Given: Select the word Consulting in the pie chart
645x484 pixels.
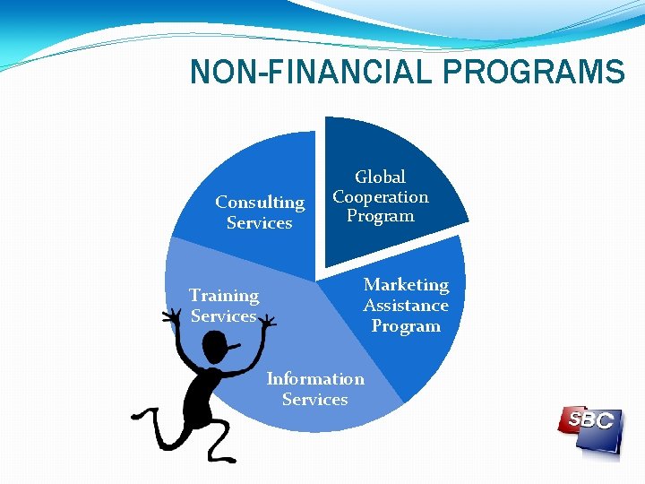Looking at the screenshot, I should point(260,203).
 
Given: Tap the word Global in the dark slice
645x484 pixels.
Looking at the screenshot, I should point(381,177).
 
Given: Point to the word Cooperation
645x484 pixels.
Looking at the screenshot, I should point(381,196).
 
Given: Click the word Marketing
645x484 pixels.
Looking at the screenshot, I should point(406,284).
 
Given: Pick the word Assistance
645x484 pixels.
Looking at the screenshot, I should point(406,305).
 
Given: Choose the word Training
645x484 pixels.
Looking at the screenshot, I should point(224,295).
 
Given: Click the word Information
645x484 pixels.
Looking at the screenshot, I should point(315,378).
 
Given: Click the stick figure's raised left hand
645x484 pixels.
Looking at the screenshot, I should point(170,316).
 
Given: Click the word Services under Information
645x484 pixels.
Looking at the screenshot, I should point(314,399).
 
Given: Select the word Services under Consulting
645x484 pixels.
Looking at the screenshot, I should point(260,222).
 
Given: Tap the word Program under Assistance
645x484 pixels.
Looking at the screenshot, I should point(406,325).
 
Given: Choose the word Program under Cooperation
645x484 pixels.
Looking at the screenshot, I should point(381,216).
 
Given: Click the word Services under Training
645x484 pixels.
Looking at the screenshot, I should point(223,315).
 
